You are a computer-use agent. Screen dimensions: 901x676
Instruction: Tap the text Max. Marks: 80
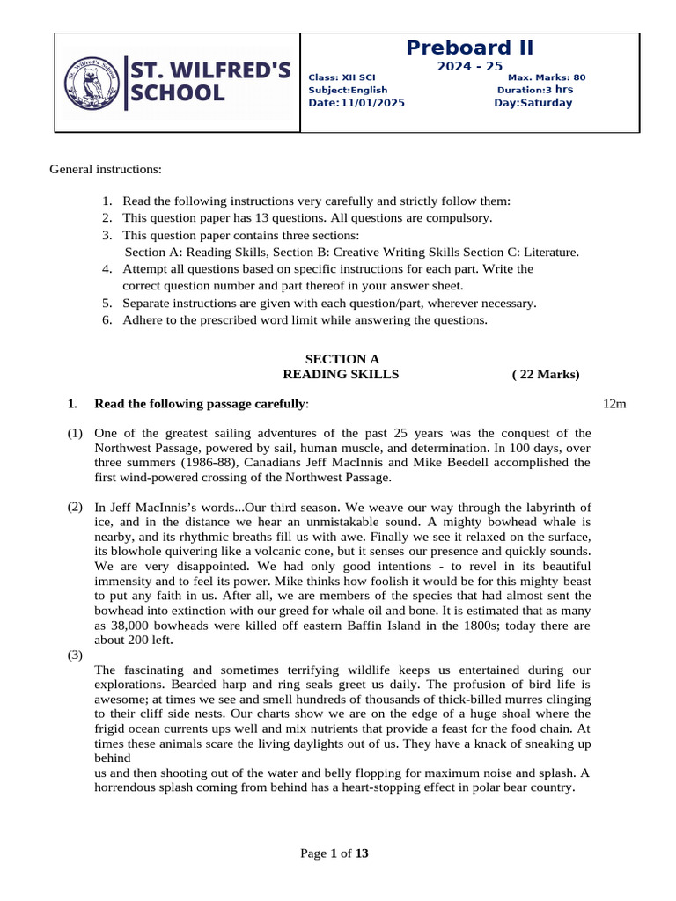point(547,77)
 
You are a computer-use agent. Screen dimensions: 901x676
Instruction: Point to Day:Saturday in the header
point(533,103)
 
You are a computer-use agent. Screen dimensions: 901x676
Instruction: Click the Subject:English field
point(348,90)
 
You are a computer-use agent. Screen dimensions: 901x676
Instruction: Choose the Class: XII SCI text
point(342,77)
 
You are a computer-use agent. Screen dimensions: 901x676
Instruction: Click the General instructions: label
point(106,169)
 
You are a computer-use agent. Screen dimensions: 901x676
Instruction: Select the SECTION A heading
point(342,359)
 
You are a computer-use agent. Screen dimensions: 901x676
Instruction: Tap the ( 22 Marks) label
point(546,375)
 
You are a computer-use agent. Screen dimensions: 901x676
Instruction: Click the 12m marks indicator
point(614,404)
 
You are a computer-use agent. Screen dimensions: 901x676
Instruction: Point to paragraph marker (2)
point(76,508)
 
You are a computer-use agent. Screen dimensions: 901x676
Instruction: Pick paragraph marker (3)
point(76,656)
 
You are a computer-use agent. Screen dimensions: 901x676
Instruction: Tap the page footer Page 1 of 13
point(334,853)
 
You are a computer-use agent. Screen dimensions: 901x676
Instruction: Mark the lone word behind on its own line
point(112,758)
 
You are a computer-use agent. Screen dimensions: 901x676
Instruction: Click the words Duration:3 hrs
point(535,90)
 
